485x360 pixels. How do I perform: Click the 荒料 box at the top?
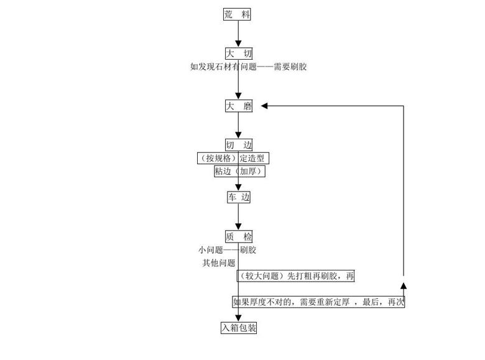click(237, 14)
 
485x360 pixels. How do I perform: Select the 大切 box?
click(239, 53)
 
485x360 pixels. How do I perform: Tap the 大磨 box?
click(239, 106)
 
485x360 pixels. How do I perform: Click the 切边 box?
click(239, 145)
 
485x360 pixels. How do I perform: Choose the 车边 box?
click(239, 197)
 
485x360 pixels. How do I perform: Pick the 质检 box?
click(239, 237)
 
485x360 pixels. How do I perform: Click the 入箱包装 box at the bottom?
click(239, 328)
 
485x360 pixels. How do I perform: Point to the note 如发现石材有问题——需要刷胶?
click(248, 67)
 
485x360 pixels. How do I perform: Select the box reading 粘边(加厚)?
click(239, 171)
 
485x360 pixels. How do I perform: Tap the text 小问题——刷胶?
click(227, 250)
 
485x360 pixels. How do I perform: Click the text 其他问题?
click(218, 263)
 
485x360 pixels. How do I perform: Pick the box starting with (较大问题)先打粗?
click(296, 276)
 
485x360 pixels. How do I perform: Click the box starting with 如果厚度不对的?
click(319, 302)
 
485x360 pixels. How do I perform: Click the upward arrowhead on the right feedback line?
click(404, 285)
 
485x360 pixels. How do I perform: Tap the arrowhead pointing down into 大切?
click(238, 44)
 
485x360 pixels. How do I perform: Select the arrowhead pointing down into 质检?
click(238, 227)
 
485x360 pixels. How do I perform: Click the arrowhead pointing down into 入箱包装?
click(238, 318)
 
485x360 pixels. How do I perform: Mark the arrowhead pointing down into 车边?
click(238, 187)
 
